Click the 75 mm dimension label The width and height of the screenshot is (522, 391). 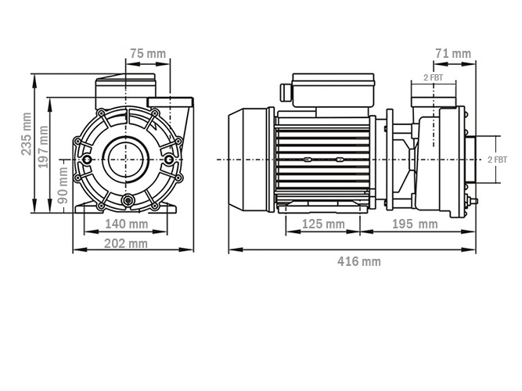(147, 54)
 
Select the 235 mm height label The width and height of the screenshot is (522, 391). (27, 134)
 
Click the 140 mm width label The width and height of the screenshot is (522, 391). (126, 224)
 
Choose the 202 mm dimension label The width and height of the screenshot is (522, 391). (126, 243)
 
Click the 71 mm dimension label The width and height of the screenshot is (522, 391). (452, 54)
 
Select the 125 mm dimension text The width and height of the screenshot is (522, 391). (323, 224)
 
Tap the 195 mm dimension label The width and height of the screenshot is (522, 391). (416, 224)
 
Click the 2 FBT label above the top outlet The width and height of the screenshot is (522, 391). (433, 77)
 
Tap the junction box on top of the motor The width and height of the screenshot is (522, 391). (333, 92)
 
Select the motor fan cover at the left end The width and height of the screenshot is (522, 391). (249, 160)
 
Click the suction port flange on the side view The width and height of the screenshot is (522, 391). (470, 160)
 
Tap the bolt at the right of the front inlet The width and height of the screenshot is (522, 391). (170, 159)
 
